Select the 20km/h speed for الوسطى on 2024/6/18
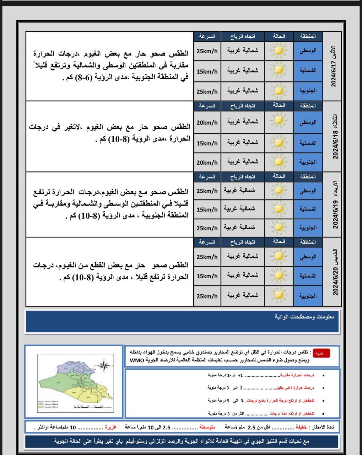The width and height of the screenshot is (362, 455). click(x=207, y=123)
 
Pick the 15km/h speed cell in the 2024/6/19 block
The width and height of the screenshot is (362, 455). click(x=207, y=209)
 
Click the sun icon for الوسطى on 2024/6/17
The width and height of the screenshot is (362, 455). click(x=279, y=50)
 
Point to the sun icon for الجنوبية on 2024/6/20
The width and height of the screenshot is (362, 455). click(x=279, y=295)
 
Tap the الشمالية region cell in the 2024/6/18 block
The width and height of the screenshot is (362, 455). click(x=308, y=143)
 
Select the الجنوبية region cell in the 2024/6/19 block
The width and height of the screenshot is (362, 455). click(x=308, y=227)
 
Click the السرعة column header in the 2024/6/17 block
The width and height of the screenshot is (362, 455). click(x=207, y=36)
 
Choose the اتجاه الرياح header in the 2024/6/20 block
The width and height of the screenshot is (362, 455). click(x=243, y=242)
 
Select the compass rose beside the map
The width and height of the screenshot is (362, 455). click(x=103, y=365)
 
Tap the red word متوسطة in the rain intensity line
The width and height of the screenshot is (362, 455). click(x=207, y=427)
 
